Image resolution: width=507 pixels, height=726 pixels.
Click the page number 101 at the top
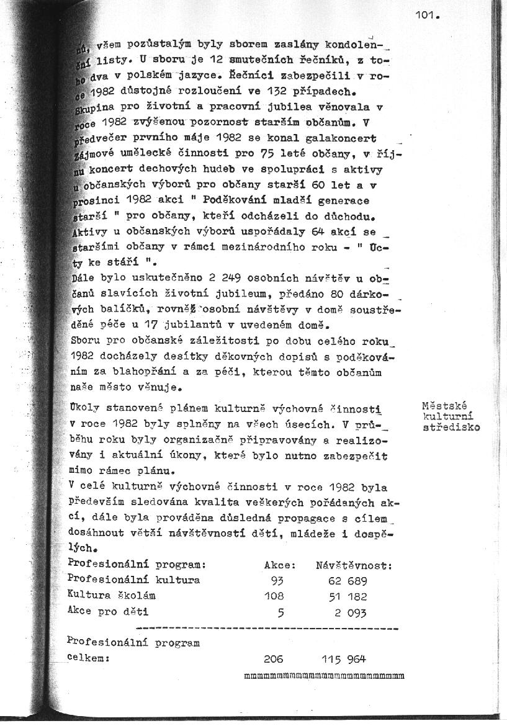[427, 16]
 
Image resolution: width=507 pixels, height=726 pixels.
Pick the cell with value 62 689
[348, 581]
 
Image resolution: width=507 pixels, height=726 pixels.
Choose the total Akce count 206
[273, 659]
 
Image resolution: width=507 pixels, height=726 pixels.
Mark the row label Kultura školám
[111, 596]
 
